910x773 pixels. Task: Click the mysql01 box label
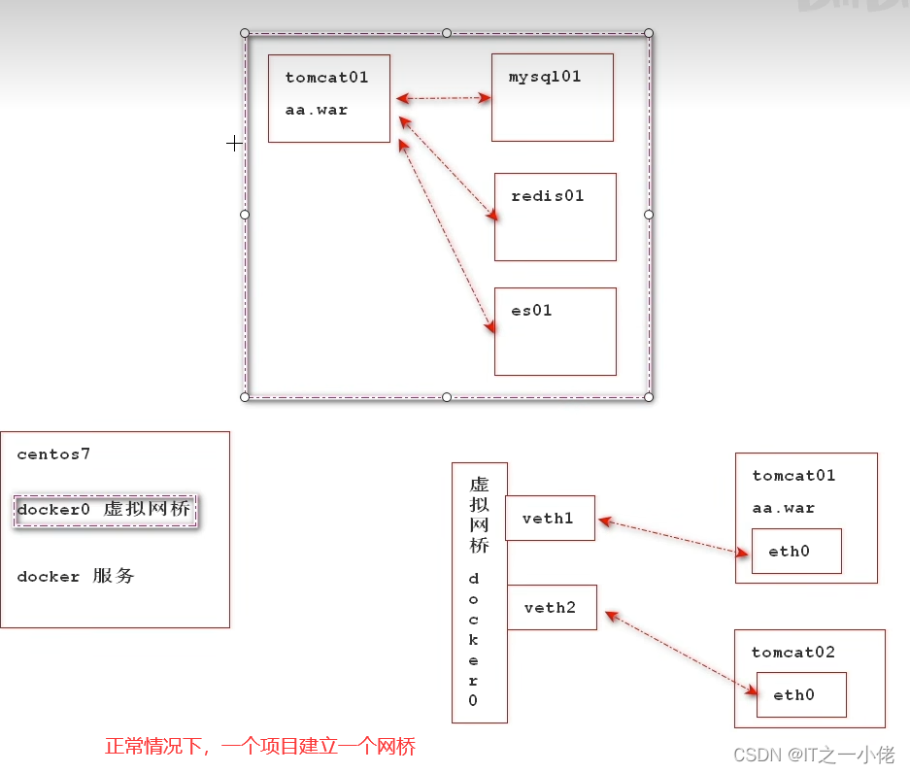click(x=545, y=77)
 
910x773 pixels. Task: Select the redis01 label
click(x=548, y=196)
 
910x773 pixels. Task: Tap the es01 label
click(x=531, y=311)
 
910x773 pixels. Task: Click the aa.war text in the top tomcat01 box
click(x=317, y=110)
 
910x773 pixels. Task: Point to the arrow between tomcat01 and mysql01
click(x=444, y=98)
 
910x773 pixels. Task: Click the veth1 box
click(x=550, y=519)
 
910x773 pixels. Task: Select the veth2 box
click(x=552, y=608)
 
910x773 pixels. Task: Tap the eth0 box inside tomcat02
click(x=801, y=695)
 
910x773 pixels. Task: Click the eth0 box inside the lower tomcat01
click(x=796, y=552)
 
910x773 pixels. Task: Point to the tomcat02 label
click(x=792, y=653)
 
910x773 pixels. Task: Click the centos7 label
click(x=53, y=454)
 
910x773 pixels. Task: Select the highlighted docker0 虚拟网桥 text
click(x=104, y=510)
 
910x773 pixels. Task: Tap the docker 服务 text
click(x=76, y=577)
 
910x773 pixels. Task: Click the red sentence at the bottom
click(x=260, y=747)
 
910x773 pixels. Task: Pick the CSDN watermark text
click(x=813, y=755)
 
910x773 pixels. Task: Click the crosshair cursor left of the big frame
click(x=234, y=144)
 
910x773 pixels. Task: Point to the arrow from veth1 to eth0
click(x=674, y=537)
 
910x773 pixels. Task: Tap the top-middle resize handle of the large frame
click(x=447, y=33)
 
